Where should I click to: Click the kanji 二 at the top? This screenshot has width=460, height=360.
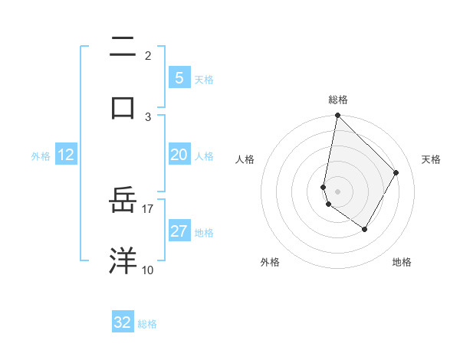[x=123, y=48]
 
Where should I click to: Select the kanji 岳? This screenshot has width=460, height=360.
[x=123, y=201]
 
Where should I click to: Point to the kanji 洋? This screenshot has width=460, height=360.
[x=123, y=260]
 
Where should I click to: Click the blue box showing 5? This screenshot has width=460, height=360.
[x=179, y=77]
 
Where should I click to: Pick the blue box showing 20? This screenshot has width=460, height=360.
[x=179, y=155]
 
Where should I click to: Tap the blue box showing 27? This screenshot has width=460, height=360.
[x=179, y=231]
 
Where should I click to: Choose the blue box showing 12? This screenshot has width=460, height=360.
[x=66, y=155]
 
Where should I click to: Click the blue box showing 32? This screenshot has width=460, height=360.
[x=123, y=322]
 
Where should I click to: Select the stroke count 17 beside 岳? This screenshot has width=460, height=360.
[x=148, y=208]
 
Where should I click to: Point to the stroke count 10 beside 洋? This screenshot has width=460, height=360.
[x=148, y=270]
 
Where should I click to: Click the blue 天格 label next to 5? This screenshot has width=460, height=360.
[x=204, y=80]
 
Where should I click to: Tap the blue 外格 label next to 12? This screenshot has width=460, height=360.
[x=41, y=156]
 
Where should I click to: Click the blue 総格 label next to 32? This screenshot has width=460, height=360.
[x=147, y=324]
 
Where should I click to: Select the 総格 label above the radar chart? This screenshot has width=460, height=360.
[x=338, y=100]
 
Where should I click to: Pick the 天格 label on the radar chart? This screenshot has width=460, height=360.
[x=431, y=159]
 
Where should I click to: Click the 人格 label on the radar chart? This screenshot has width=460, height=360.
[x=245, y=159]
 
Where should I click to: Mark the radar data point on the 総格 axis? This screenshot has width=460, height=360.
[x=337, y=116]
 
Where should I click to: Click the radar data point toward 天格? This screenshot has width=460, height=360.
[x=396, y=172]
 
